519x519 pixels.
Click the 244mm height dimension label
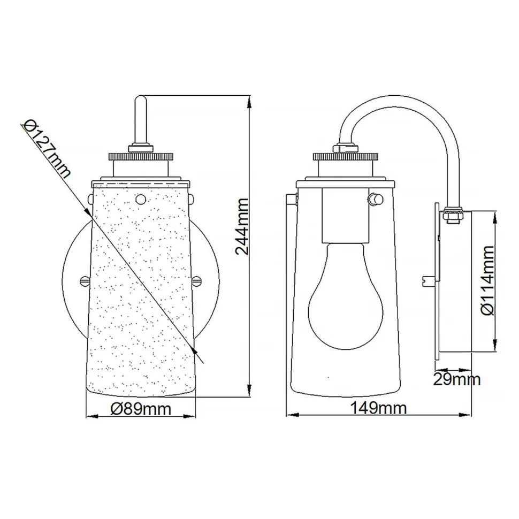(x=242, y=227)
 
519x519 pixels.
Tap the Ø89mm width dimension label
(x=141, y=409)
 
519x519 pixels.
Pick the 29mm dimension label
(x=456, y=380)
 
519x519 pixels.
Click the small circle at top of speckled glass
(x=141, y=199)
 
